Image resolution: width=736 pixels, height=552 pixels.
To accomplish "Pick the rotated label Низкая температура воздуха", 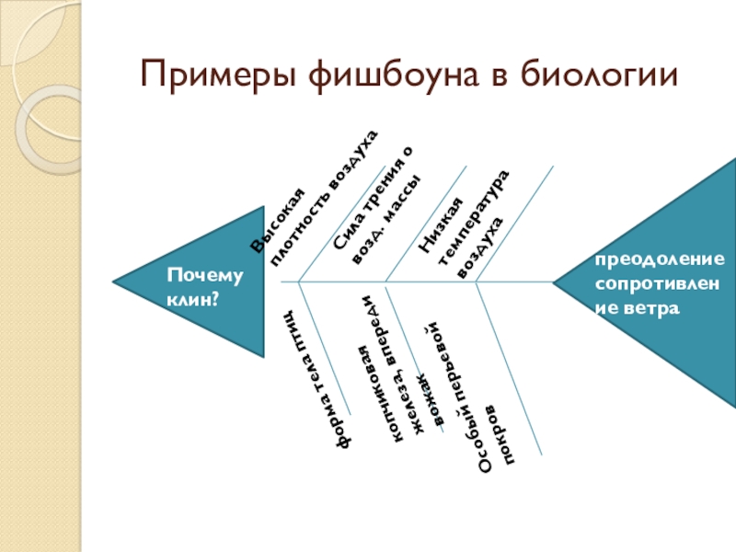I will click(466, 219).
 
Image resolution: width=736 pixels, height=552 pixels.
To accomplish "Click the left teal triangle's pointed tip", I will click(113, 281).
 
